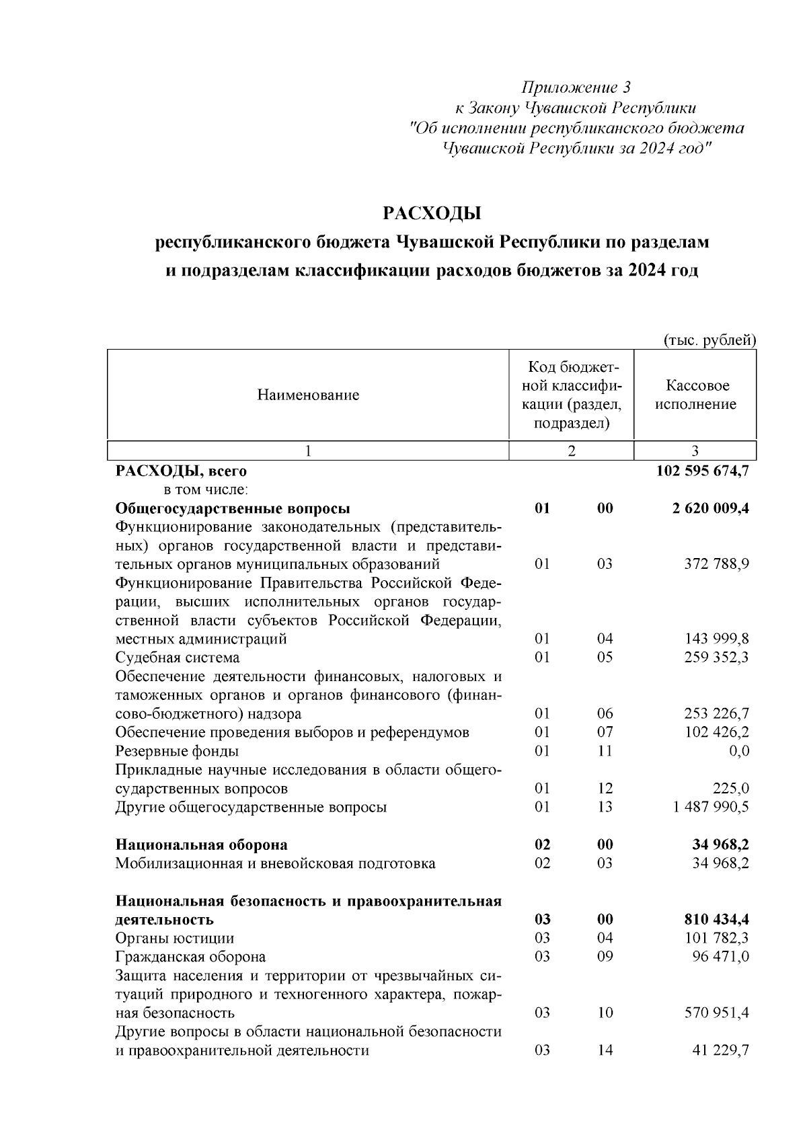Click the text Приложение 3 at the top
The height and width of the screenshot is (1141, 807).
[x=576, y=87]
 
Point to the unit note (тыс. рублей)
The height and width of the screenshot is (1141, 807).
[x=709, y=340]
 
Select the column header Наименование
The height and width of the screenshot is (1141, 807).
[x=308, y=395]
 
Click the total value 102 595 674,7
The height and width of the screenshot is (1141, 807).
[x=702, y=471]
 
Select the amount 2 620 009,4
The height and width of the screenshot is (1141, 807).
[x=710, y=508]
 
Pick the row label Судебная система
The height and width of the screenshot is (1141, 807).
[x=178, y=658]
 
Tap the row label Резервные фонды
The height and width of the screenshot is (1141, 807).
[x=177, y=751]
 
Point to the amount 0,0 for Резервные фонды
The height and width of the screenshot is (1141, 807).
[x=738, y=751]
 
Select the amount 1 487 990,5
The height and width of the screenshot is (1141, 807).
[x=711, y=807]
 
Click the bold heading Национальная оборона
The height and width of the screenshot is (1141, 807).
[x=202, y=844]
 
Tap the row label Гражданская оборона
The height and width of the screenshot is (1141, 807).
[x=190, y=957]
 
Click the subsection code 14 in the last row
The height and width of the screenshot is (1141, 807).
[x=605, y=1050]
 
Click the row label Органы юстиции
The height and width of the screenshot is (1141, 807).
[x=175, y=938]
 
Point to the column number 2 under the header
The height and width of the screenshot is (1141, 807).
[x=571, y=451]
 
